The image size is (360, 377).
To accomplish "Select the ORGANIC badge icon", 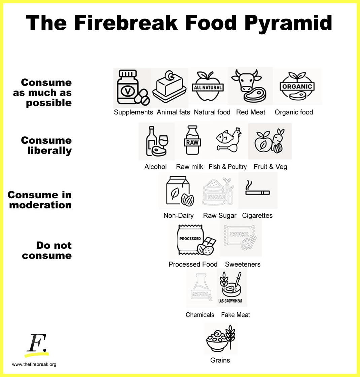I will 297,87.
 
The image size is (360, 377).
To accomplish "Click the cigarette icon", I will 257,190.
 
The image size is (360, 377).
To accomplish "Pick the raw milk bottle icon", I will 193,141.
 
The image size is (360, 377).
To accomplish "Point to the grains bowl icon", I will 220,338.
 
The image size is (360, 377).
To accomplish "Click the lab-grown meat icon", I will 231,287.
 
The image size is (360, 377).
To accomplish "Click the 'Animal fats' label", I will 173,112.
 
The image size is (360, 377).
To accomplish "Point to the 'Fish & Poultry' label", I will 227,167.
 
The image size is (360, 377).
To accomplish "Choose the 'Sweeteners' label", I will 243,264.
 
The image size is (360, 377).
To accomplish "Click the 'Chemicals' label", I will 200,315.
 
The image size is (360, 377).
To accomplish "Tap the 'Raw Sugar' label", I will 220,215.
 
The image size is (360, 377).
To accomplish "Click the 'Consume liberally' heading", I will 46,145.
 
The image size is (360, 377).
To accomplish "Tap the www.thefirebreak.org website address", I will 34,364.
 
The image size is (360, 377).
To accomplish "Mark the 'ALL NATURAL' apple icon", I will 207,87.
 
